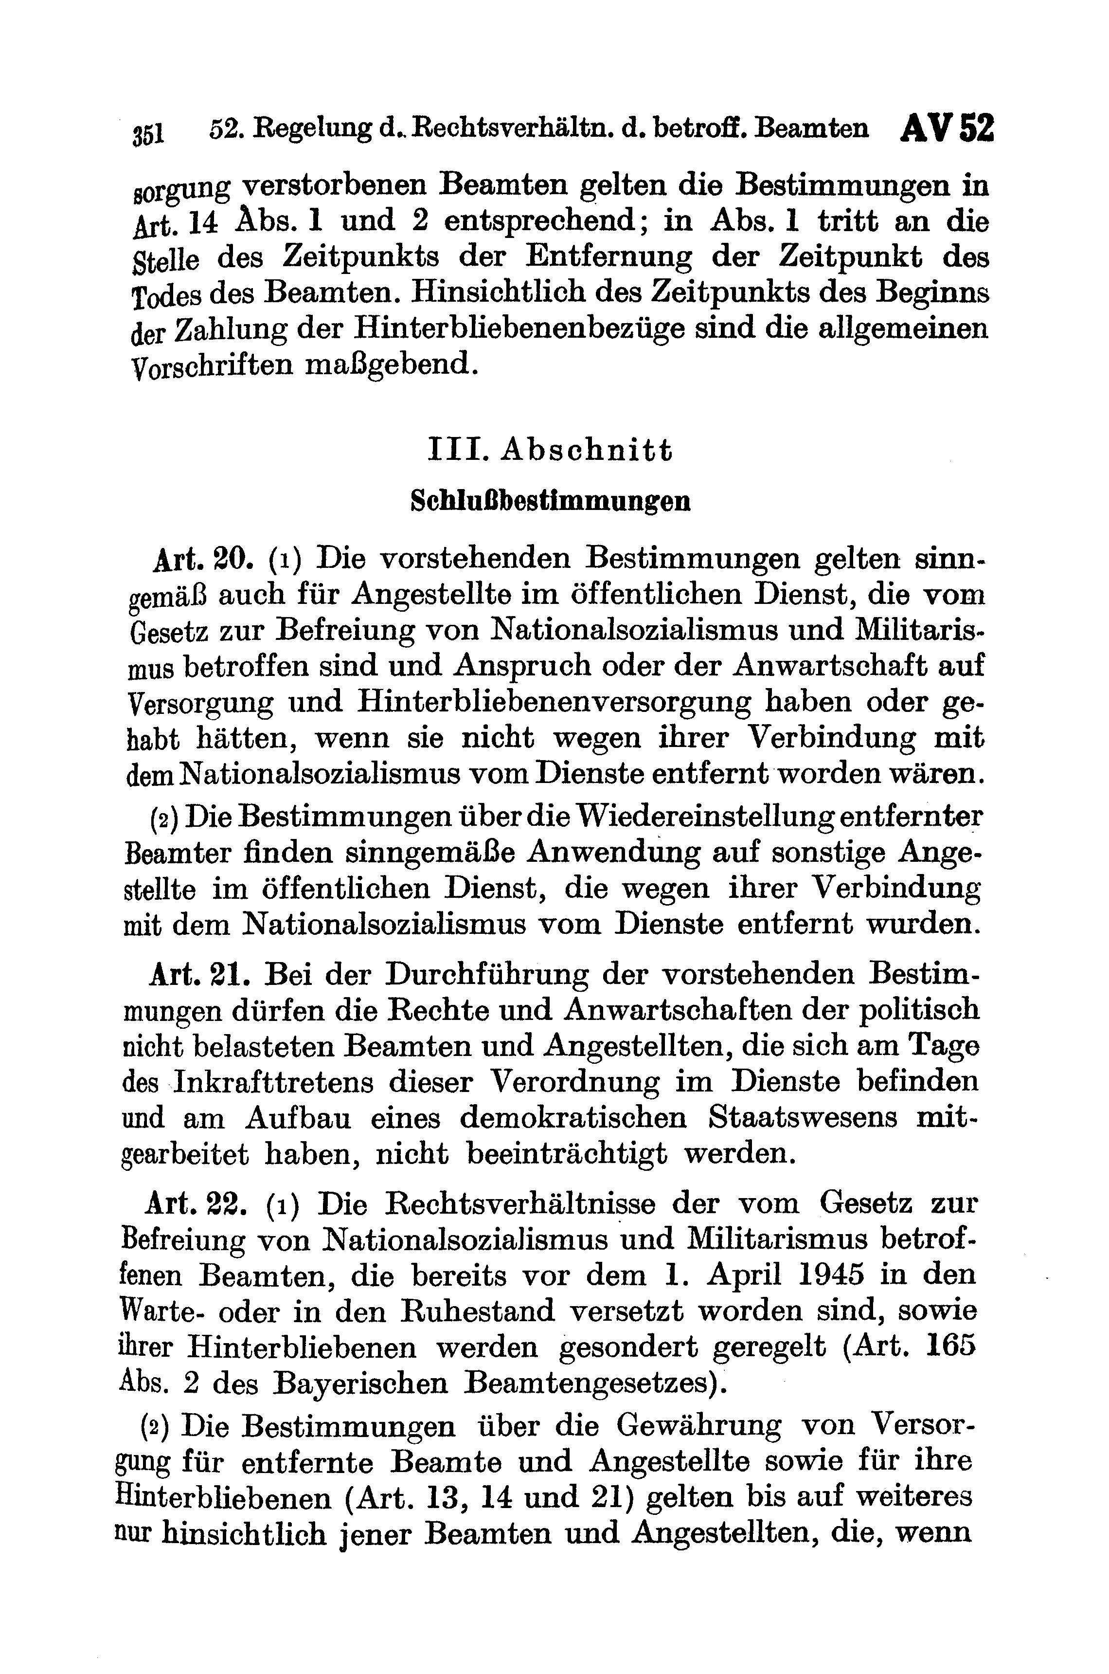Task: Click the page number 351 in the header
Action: pos(147,133)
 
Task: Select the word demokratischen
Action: pos(573,1118)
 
